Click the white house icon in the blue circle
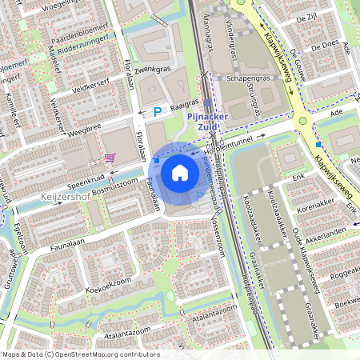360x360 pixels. pyautogui.click(x=180, y=171)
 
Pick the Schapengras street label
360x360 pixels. pyautogui.click(x=248, y=80)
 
